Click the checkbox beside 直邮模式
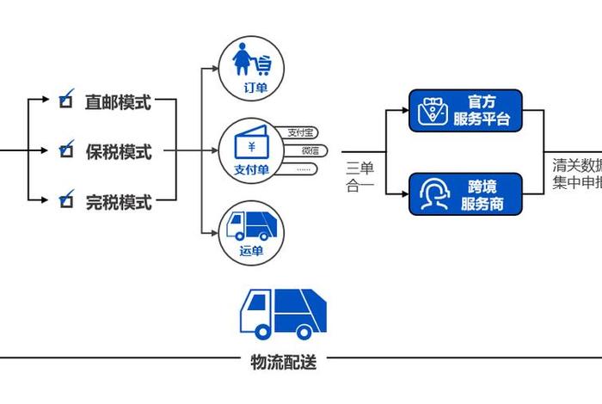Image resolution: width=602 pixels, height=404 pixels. coord(64,101)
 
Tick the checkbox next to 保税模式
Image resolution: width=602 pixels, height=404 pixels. coord(64,151)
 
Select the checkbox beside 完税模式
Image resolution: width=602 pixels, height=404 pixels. coord(64,202)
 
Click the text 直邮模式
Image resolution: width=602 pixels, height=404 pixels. coord(118,102)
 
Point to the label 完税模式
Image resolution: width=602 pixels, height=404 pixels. coord(118,203)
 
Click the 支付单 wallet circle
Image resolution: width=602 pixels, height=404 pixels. coord(252,150)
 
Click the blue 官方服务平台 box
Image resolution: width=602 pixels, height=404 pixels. coord(464,110)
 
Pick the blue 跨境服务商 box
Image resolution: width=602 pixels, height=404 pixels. coord(464,194)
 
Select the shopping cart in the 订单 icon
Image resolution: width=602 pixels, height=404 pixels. coord(264,64)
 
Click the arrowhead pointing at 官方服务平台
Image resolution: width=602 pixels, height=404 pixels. coord(404,110)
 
